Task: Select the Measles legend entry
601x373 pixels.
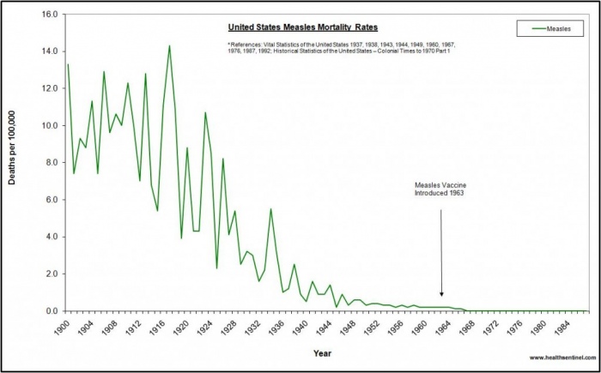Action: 554,28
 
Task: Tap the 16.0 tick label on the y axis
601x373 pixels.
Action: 49,15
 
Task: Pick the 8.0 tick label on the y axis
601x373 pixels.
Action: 51,163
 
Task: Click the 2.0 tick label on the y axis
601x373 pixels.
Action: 51,274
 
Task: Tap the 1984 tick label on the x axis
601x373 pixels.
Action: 562,327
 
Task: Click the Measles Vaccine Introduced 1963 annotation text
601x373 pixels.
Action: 440,190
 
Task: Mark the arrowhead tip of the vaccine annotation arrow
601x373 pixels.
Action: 441,297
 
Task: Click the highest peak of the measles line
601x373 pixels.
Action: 169,46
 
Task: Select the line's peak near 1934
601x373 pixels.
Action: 270,209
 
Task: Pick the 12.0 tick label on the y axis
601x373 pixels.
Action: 49,88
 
